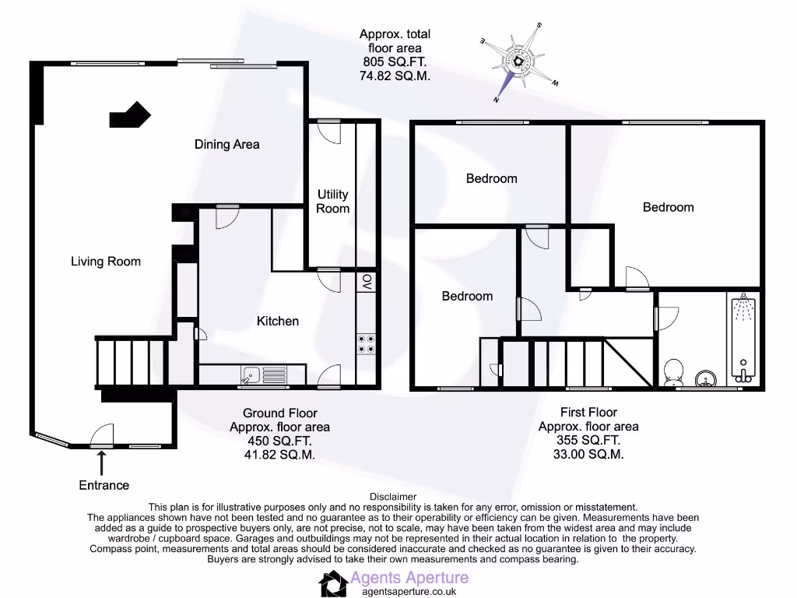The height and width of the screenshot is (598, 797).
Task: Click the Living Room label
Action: pyautogui.click(x=106, y=262)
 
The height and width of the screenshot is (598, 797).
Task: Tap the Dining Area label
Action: pyautogui.click(x=227, y=144)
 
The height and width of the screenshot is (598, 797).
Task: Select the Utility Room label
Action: pyautogui.click(x=332, y=202)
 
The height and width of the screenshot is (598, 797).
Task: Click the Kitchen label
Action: pyautogui.click(x=278, y=321)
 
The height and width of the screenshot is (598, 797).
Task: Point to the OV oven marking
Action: pyautogui.click(x=367, y=281)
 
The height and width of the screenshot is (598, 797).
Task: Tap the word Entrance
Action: pyautogui.click(x=104, y=485)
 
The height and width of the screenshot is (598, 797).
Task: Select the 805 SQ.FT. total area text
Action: pyautogui.click(x=395, y=62)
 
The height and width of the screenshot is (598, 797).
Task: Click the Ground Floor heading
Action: pyautogui.click(x=280, y=413)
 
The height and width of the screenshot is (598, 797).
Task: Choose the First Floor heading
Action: pyautogui.click(x=588, y=412)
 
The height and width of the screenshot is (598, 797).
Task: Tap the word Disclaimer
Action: pyautogui.click(x=393, y=497)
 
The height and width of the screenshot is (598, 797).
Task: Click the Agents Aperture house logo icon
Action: pyautogui.click(x=333, y=582)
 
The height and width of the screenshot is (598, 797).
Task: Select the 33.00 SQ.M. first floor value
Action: pyautogui.click(x=588, y=455)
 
